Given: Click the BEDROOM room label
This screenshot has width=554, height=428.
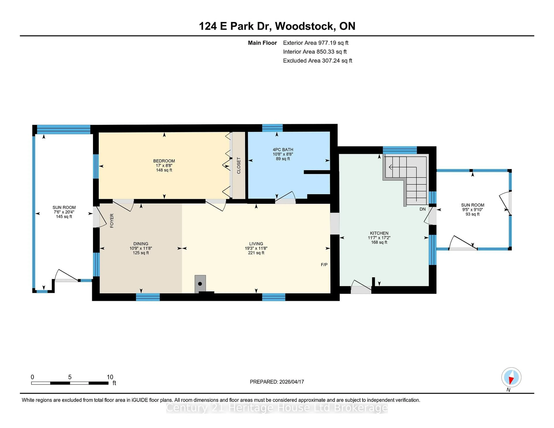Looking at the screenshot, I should pos(164,161).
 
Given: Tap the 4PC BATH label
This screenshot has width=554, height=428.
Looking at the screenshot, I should pos(283,150).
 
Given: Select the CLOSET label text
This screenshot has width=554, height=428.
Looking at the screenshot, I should pos(238,166).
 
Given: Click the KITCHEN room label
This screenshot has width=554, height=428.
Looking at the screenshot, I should pos(379,233).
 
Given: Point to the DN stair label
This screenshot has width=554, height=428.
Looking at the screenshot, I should pos(422,209).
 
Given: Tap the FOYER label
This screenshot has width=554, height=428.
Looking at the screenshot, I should pos(112,221).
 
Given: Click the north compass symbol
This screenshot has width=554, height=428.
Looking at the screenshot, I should pos(511,377).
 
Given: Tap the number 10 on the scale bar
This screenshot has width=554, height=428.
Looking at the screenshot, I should pos(110,377).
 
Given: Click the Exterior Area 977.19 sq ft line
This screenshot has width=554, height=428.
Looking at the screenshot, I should pos(316,43).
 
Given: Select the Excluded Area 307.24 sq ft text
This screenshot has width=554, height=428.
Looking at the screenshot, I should pos(317,61).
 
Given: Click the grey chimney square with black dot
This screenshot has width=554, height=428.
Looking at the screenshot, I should pos(200,284).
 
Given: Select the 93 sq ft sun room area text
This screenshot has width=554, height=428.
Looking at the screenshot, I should pos(472,214).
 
